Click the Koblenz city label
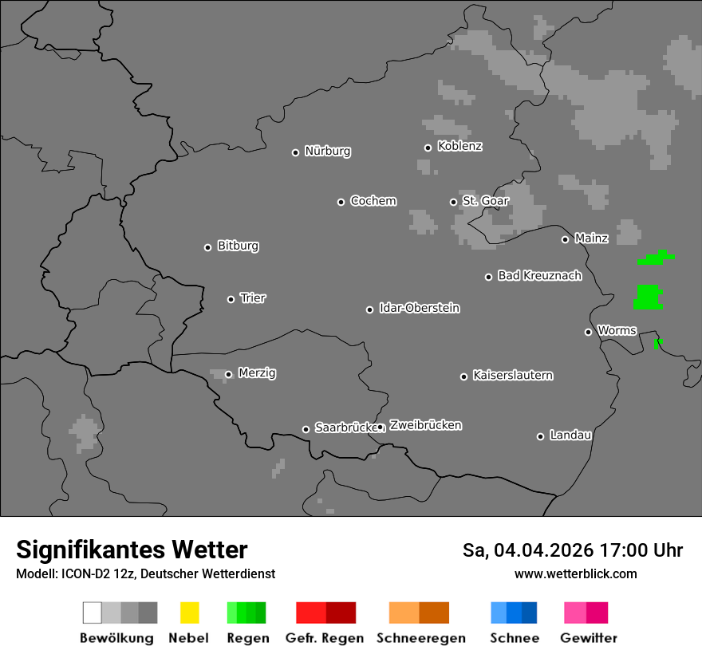tap(459, 146)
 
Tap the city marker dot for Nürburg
tap(295, 152)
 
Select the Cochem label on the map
tap(373, 201)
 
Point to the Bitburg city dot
tap(207, 247)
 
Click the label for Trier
tap(253, 298)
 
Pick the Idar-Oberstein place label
tap(419, 308)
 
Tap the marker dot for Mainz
tap(565, 239)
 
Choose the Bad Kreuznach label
tap(539, 276)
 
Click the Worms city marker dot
tap(588, 332)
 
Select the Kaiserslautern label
tap(512, 375)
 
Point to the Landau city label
tap(570, 435)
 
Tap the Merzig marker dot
tap(228, 374)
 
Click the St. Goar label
tap(485, 201)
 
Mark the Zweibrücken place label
tap(425, 425)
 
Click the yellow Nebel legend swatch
tap(189, 613)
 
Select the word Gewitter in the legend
tap(588, 638)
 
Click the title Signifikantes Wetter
tap(132, 550)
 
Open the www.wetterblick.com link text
tap(575, 573)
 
